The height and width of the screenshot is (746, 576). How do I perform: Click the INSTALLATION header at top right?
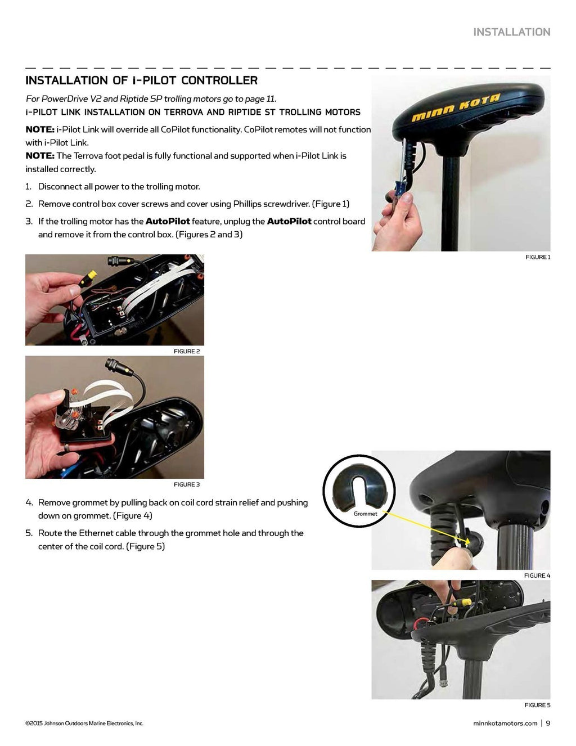(511, 32)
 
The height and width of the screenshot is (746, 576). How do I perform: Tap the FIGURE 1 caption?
(537, 257)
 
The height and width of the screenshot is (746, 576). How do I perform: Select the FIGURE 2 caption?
(186, 351)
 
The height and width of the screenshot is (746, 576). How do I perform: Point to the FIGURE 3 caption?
(186, 484)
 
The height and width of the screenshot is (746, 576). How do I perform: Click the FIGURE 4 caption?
(537, 576)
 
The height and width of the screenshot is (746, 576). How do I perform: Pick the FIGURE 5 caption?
(537, 705)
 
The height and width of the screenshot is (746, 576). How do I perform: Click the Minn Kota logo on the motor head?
(456, 108)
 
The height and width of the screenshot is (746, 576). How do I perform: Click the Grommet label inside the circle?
(365, 514)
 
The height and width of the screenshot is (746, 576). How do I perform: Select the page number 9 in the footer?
(548, 723)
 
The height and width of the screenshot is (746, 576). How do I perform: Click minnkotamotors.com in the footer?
(505, 723)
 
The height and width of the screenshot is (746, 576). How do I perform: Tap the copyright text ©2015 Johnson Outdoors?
(84, 723)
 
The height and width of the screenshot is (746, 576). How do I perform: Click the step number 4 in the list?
(29, 502)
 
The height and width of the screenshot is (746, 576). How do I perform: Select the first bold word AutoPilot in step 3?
(167, 221)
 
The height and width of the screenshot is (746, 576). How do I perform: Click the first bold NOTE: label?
(40, 129)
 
